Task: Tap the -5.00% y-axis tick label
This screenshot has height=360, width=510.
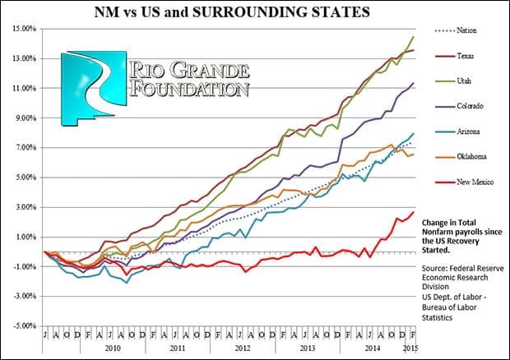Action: [x=23, y=325]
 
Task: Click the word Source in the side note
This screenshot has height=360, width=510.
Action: [x=435, y=268]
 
